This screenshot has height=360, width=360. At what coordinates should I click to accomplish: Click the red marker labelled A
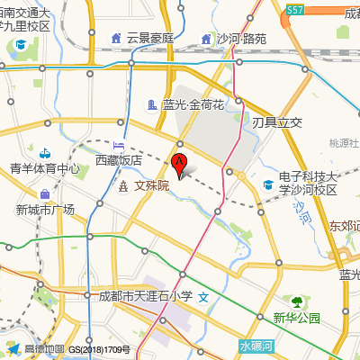coord(179,164)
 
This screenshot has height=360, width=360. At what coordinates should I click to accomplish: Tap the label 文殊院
coord(151,186)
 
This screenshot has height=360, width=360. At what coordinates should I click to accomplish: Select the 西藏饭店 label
coord(119,160)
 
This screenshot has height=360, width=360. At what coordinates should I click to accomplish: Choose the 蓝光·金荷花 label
coord(193,105)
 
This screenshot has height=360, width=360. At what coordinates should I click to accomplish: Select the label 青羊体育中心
coord(45,168)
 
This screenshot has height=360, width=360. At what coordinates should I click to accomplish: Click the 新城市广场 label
coord(45,210)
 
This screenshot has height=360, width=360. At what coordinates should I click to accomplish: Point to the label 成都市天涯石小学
coord(145,295)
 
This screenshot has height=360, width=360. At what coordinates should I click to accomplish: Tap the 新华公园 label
coord(296,318)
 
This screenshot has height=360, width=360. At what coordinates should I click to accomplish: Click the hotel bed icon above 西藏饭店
coord(119,145)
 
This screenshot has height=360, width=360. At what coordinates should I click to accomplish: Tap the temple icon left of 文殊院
coord(123,186)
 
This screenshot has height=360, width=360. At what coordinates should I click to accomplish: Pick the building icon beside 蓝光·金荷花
coord(152,105)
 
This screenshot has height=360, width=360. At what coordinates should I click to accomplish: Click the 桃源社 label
coord(344,143)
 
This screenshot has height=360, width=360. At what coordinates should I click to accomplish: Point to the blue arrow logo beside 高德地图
coord(13,348)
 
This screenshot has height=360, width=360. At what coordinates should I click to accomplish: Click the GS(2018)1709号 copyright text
coord(100,349)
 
